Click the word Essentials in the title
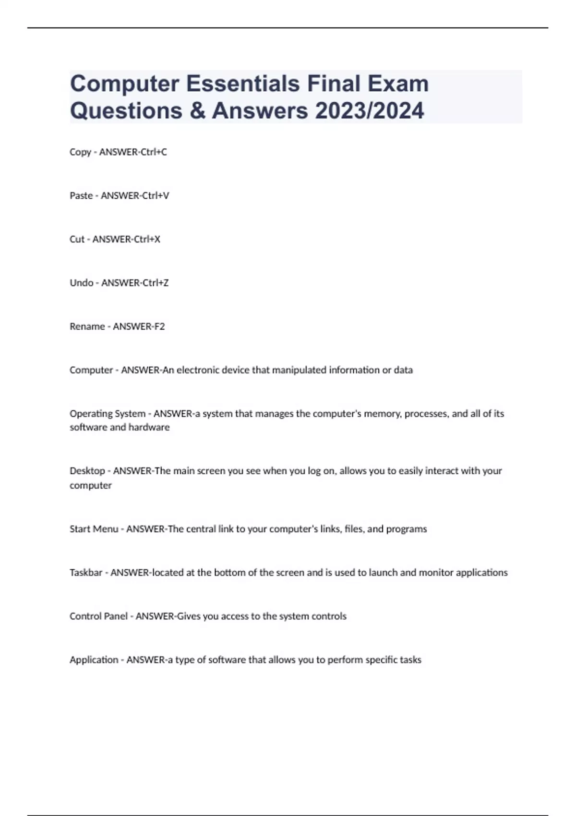[243, 84]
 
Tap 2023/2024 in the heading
[370, 111]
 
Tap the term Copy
[80, 152]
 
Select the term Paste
[81, 196]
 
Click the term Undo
[82, 283]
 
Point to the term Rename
[87, 326]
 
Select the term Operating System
[108, 414]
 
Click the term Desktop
[87, 471]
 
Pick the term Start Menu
[94, 529]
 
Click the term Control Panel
[99, 616]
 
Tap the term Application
[94, 660]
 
